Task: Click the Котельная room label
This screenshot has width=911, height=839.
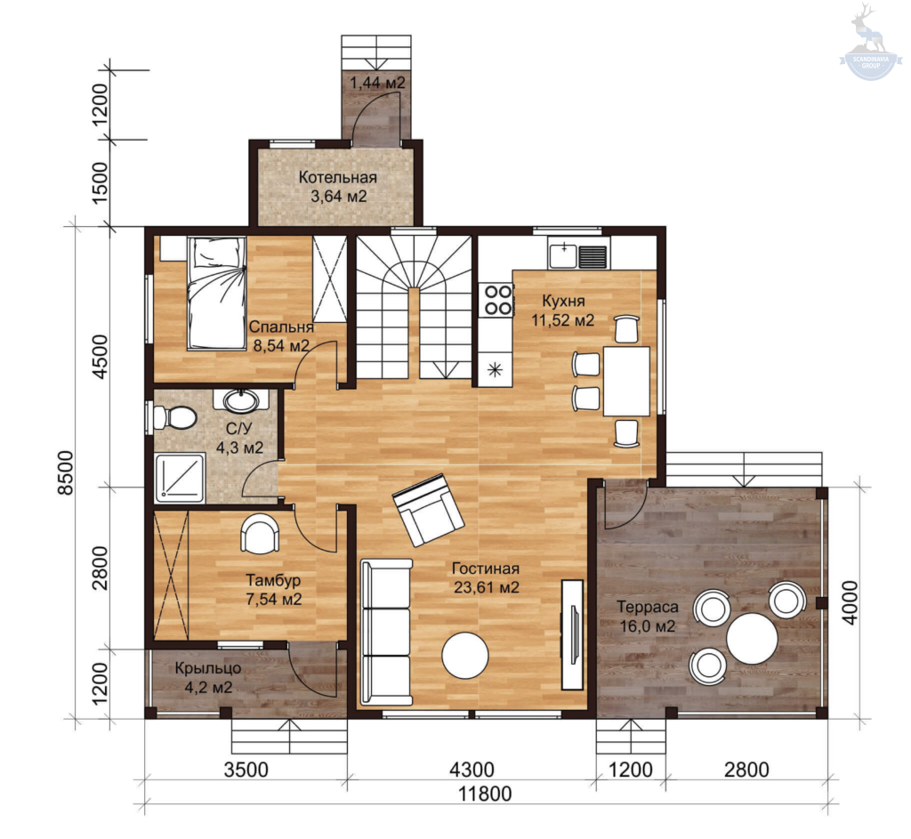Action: [x=337, y=177]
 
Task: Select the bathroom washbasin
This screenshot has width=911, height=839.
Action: [x=241, y=399]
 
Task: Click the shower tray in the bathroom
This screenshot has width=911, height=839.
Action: [x=180, y=478]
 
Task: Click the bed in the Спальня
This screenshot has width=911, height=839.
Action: [x=216, y=294]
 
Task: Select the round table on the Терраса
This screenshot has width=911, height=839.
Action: [x=752, y=639]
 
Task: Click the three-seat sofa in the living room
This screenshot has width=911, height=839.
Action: [x=386, y=633]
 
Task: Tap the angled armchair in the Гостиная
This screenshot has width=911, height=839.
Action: [x=428, y=510]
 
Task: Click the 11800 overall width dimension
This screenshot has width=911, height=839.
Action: [x=485, y=793]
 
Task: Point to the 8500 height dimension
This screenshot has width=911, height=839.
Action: [x=66, y=472]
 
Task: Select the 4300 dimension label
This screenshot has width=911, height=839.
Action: [x=472, y=770]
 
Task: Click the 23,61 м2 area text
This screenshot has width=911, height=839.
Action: [x=487, y=587]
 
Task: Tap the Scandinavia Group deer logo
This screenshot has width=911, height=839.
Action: [x=870, y=41]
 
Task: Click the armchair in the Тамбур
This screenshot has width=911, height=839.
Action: [x=260, y=534]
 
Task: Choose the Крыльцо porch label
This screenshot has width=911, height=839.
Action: [x=207, y=668]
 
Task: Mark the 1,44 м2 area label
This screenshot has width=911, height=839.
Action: [x=377, y=83]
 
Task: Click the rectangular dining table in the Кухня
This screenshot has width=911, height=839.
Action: [x=626, y=381]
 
